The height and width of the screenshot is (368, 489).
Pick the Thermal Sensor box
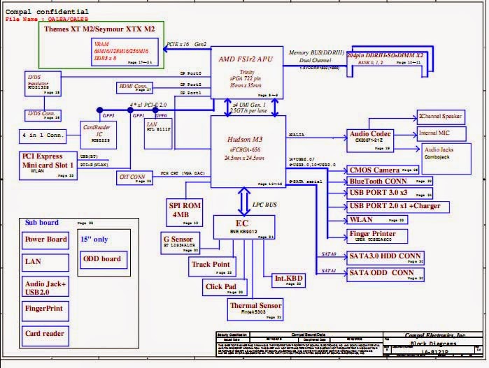pos(255,309)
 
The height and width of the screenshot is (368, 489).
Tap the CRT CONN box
pos(133,178)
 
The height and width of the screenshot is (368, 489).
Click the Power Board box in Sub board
pos(46,240)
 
